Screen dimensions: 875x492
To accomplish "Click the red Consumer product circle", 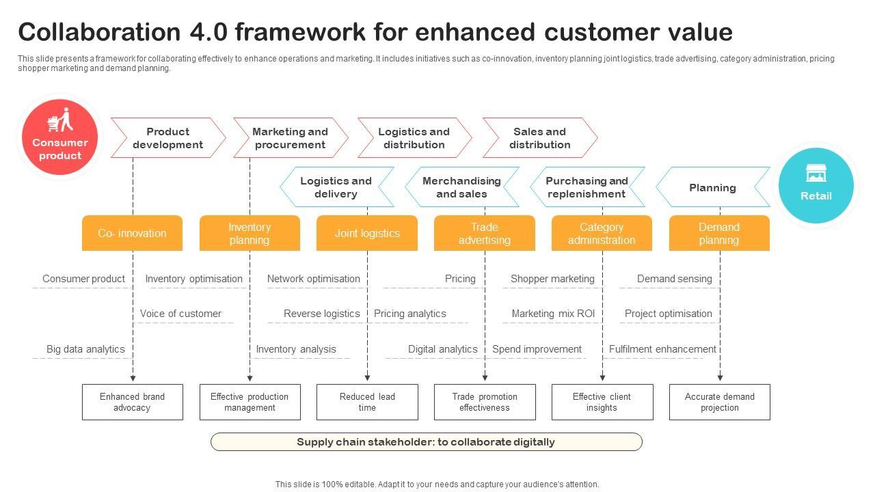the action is click(59, 137).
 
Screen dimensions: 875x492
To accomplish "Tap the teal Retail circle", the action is click(816, 185).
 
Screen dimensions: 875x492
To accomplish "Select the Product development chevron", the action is click(168, 138).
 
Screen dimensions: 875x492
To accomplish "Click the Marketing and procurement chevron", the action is click(291, 138).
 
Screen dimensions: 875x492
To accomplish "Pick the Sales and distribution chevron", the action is click(540, 138).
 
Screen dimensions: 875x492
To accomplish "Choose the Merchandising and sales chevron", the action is click(462, 187).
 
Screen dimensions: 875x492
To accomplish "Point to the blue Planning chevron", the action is click(713, 187).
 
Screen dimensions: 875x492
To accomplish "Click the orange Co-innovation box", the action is click(132, 233).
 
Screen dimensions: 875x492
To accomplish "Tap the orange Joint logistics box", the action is click(367, 233).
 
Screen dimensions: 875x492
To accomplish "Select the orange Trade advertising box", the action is click(485, 233).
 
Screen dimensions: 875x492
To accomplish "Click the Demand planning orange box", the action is click(719, 233).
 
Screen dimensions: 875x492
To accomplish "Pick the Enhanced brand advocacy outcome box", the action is click(133, 402).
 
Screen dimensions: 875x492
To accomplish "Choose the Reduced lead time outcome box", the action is click(367, 402).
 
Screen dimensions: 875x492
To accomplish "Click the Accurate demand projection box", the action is click(720, 402).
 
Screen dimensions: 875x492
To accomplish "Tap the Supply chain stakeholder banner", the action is click(426, 442).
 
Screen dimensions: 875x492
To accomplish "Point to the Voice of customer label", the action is click(180, 314).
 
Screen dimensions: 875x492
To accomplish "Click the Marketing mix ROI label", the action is click(553, 314).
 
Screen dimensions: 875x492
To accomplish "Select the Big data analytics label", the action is click(85, 349).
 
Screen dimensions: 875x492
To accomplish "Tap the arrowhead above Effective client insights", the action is click(602, 378).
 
